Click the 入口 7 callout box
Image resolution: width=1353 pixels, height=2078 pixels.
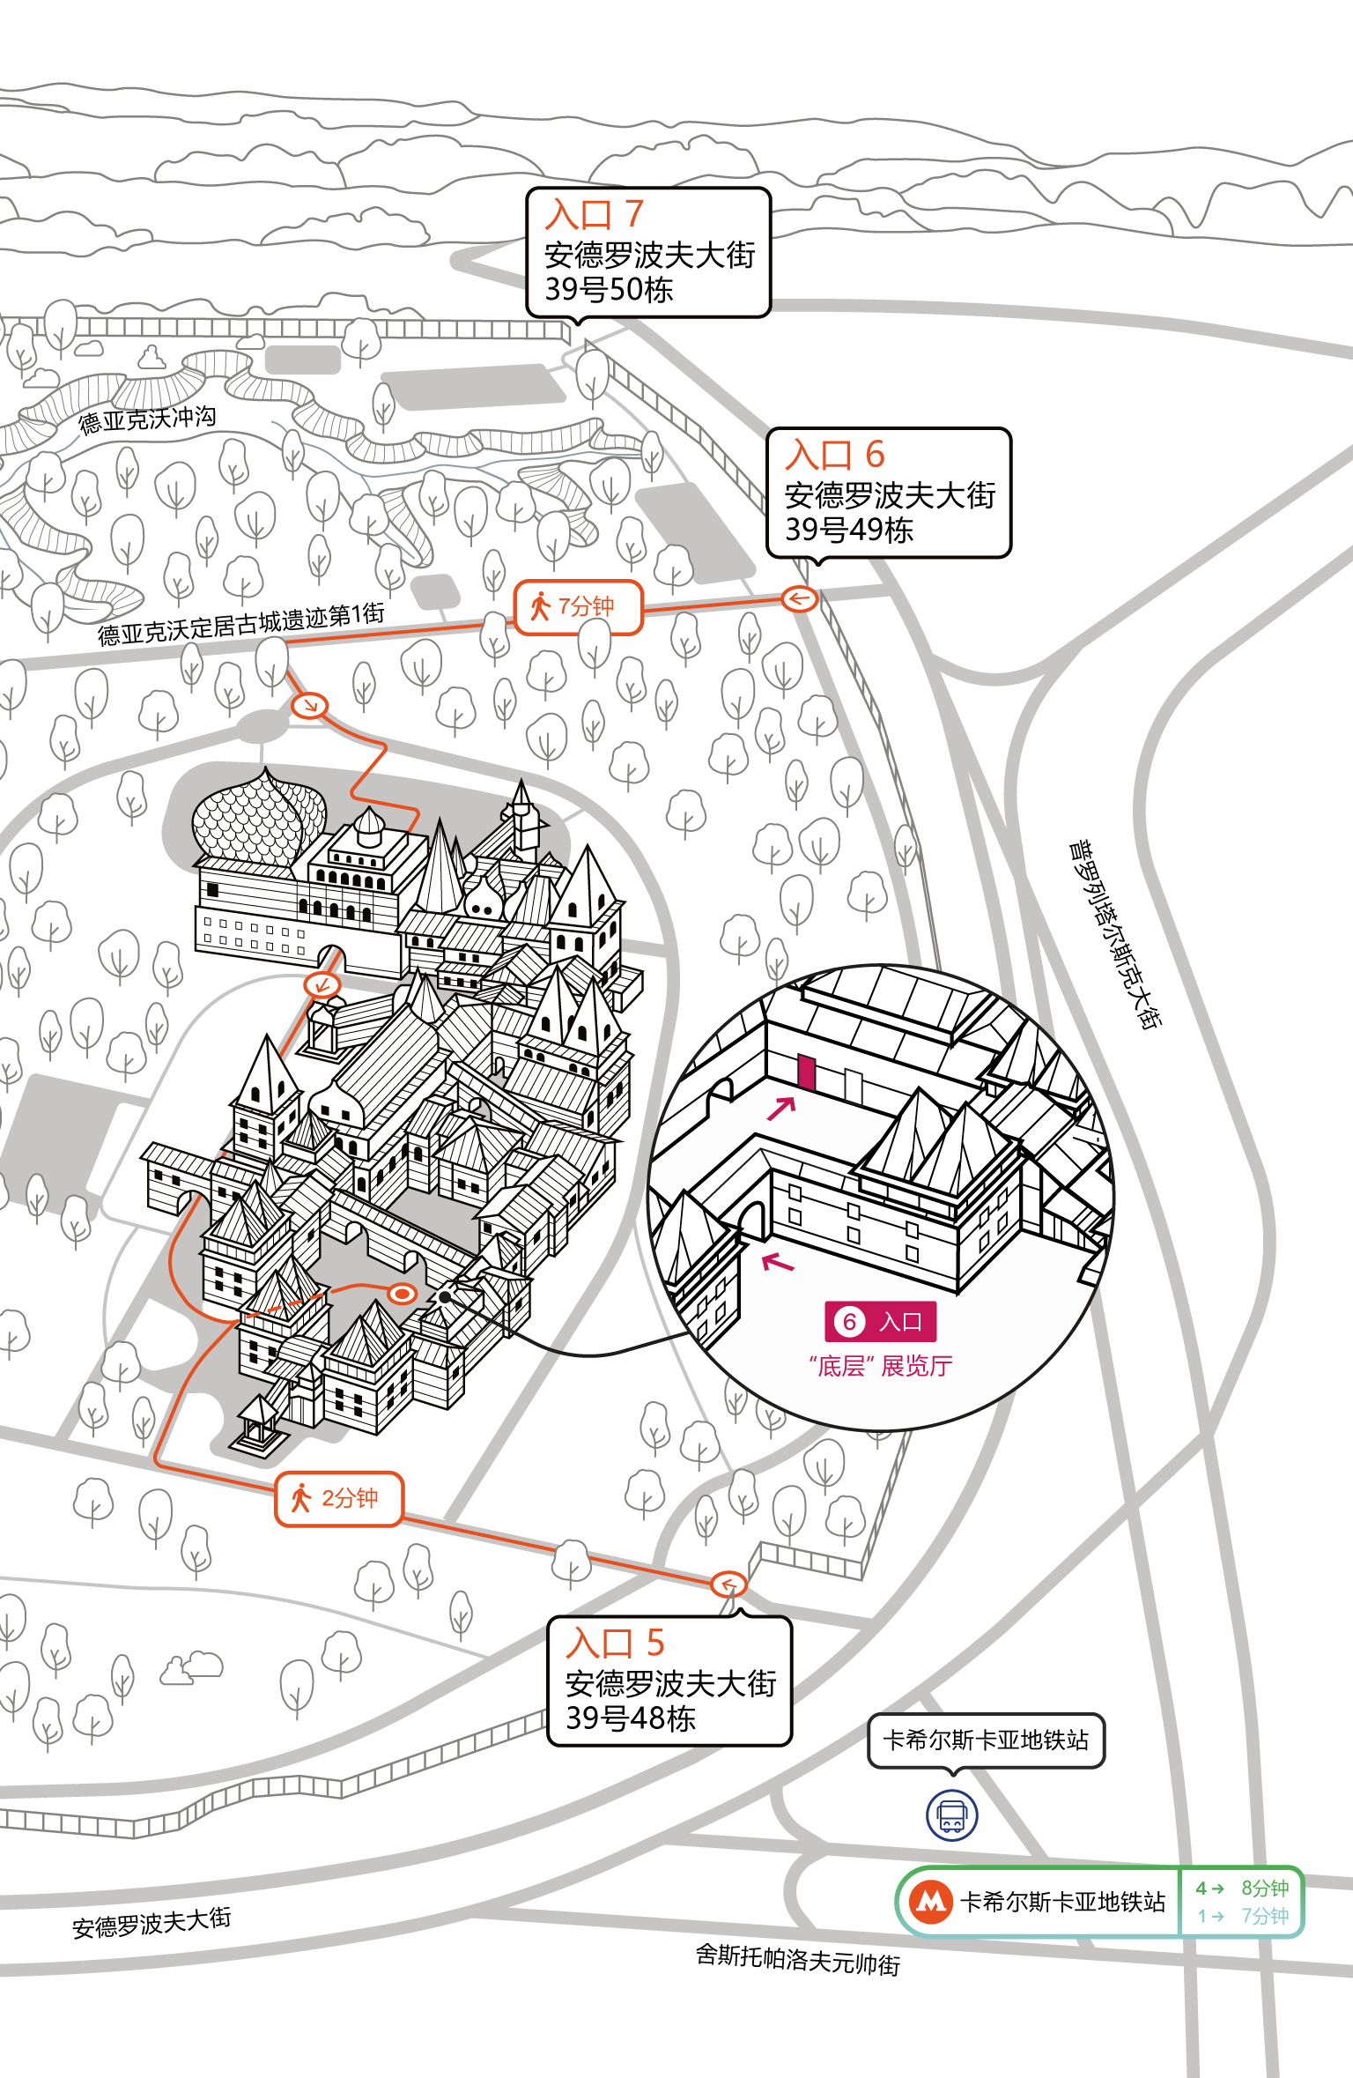(648, 252)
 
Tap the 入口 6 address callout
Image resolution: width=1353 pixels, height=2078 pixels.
(889, 493)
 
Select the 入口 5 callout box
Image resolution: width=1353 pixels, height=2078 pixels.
(669, 1681)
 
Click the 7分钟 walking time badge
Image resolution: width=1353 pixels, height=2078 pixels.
(579, 607)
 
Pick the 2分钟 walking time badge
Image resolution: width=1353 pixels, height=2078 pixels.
(339, 1498)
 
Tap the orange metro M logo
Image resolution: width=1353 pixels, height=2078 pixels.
(930, 1901)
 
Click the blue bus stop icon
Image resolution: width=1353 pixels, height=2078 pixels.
(951, 1815)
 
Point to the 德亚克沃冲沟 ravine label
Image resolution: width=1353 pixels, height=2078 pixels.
(147, 419)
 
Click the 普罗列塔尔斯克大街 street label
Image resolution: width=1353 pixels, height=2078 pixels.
(1115, 934)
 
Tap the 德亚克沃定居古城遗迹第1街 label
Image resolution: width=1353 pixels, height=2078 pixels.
(240, 623)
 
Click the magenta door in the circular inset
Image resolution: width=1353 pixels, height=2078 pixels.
(806, 1072)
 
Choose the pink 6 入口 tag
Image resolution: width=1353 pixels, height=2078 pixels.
(880, 1321)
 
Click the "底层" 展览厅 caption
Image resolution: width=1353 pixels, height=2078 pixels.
(880, 1366)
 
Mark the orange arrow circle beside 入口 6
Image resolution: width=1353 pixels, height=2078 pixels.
(800, 599)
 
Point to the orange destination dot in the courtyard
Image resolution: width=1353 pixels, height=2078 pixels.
(403, 1293)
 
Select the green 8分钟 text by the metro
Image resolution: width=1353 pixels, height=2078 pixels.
(1265, 1888)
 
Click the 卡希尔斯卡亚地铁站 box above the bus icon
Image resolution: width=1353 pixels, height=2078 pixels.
(987, 1740)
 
